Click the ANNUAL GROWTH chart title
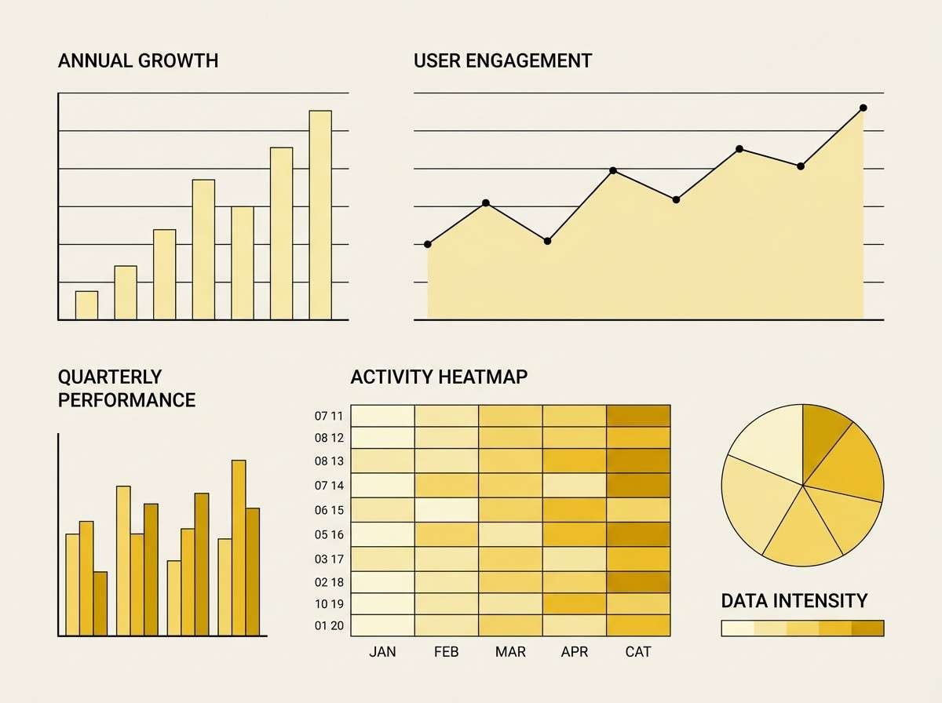click(138, 60)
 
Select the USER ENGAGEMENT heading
click(502, 60)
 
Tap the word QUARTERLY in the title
click(110, 377)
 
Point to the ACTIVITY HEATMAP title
click(439, 377)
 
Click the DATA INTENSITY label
click(794, 601)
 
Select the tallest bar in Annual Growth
click(320, 215)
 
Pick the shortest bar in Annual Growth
click(87, 305)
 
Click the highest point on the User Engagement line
click(863, 107)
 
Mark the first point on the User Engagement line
click(428, 244)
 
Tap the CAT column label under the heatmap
click(638, 652)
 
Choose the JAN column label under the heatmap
click(382, 652)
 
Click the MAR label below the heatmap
click(510, 652)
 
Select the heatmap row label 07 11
click(329, 416)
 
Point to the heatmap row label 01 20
click(329, 625)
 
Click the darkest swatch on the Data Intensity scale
click(868, 628)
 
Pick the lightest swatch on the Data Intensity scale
click(737, 628)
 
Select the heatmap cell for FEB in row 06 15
click(447, 510)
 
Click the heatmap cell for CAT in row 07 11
click(638, 416)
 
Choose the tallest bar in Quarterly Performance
click(239, 548)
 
